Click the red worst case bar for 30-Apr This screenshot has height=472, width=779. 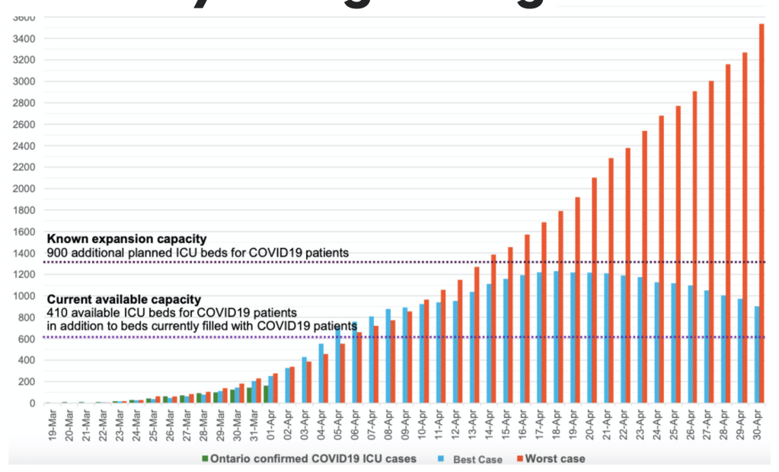click(x=762, y=213)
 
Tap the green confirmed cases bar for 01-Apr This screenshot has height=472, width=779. click(x=267, y=394)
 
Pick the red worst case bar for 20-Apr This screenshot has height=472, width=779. click(x=594, y=290)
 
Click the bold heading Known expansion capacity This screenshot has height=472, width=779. click(x=126, y=239)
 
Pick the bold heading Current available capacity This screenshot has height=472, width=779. click(x=124, y=300)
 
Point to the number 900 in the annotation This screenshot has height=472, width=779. click(x=56, y=251)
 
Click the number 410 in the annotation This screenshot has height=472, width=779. click(x=56, y=312)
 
